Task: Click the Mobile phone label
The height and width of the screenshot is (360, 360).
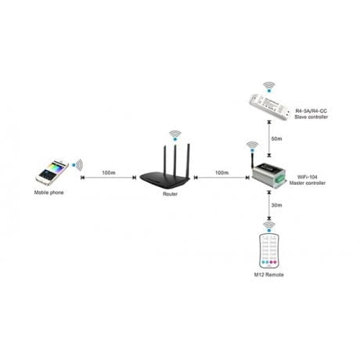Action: pyautogui.click(x=49, y=193)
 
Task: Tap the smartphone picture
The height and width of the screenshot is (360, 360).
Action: pyautogui.click(x=52, y=172)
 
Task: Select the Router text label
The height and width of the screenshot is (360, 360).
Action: pyautogui.click(x=170, y=194)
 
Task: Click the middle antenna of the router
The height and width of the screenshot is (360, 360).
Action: pyautogui.click(x=175, y=159)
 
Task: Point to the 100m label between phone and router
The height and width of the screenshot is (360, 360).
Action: pyautogui.click(x=109, y=173)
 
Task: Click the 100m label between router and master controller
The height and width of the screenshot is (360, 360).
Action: pyautogui.click(x=222, y=173)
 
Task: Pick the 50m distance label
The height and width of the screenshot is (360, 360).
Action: pyautogui.click(x=276, y=139)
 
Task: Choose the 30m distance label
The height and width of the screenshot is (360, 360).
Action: pyautogui.click(x=276, y=205)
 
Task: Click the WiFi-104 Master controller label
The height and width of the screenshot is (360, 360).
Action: pyautogui.click(x=308, y=180)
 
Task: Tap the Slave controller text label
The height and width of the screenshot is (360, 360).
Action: pyautogui.click(x=311, y=117)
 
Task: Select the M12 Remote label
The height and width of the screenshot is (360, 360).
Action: pyautogui.click(x=268, y=275)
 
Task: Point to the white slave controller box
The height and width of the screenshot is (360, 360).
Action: pyautogui.click(x=269, y=107)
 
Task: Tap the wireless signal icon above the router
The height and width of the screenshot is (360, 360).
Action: pyautogui.click(x=175, y=135)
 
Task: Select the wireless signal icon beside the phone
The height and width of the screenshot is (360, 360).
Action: pyautogui.click(x=77, y=164)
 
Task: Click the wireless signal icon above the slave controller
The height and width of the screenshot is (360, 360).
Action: pyautogui.click(x=269, y=87)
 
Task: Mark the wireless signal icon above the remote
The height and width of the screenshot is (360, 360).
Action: pyautogui.click(x=269, y=227)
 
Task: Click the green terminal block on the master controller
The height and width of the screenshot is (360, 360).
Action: pyautogui.click(x=281, y=179)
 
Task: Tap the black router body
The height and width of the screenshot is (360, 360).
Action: pyautogui.click(x=165, y=179)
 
